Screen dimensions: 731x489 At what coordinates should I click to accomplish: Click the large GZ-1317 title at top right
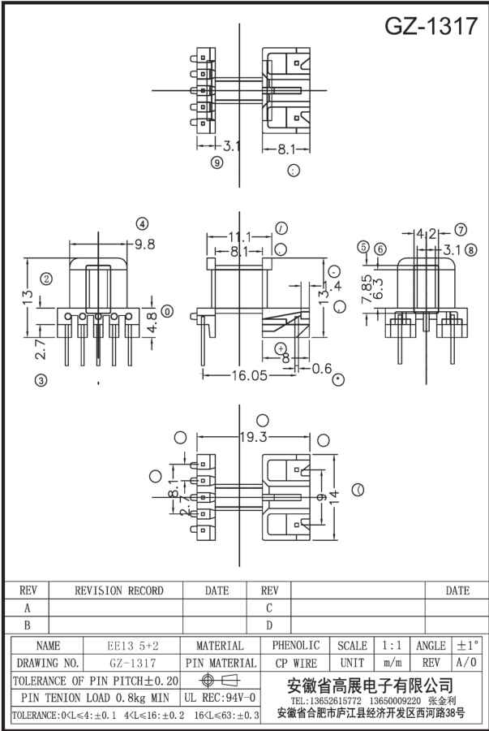431,26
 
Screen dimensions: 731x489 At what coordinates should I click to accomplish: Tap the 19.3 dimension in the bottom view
253,437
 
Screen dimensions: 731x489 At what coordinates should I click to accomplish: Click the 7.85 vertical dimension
367,288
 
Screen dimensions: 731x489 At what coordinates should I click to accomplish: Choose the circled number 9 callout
217,162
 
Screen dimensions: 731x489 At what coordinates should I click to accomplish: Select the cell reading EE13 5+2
133,646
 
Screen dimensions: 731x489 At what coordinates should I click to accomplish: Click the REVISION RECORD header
118,590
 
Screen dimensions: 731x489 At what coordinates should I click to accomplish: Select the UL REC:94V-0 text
220,697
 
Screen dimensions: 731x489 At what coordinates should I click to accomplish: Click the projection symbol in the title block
220,680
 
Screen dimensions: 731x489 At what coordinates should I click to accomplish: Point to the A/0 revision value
466,663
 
